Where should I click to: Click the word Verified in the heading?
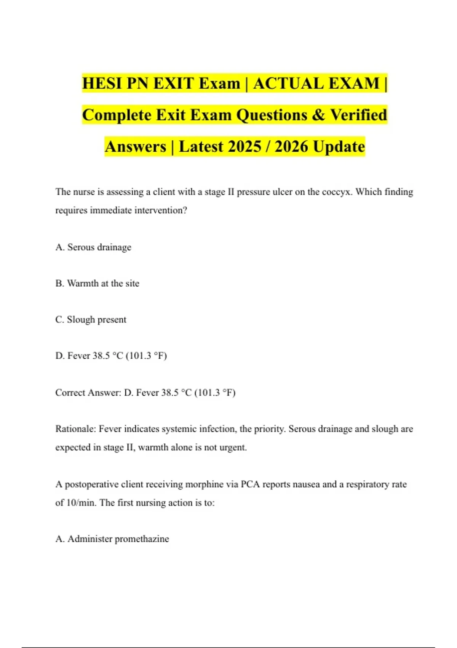click(x=358, y=115)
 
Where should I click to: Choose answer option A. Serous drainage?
click(x=93, y=247)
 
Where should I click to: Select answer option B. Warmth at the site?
click(x=97, y=284)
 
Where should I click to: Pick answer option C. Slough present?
click(x=91, y=319)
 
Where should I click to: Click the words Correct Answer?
click(x=88, y=393)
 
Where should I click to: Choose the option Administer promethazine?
click(x=112, y=539)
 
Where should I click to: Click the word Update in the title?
click(x=339, y=147)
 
